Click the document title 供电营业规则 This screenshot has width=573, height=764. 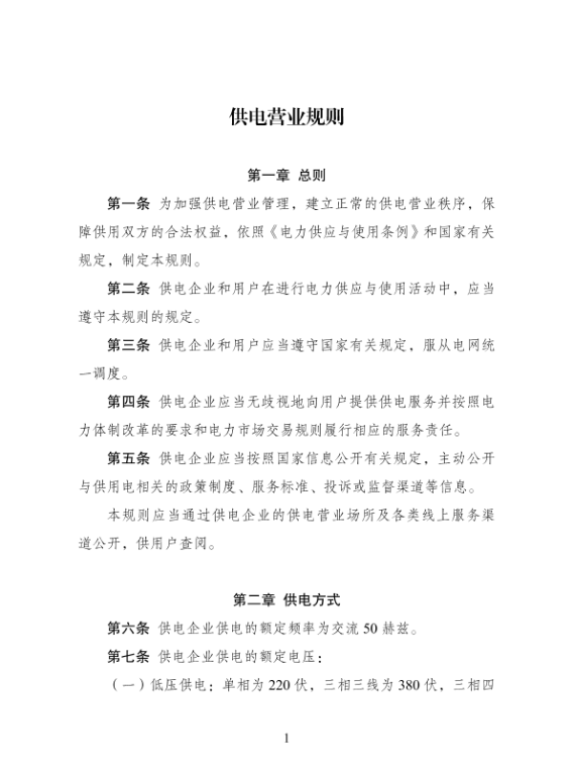286,118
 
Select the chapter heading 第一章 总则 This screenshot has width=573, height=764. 286,177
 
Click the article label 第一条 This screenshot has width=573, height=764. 129,203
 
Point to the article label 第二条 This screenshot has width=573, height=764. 129,287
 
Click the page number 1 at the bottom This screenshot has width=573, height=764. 286,738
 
